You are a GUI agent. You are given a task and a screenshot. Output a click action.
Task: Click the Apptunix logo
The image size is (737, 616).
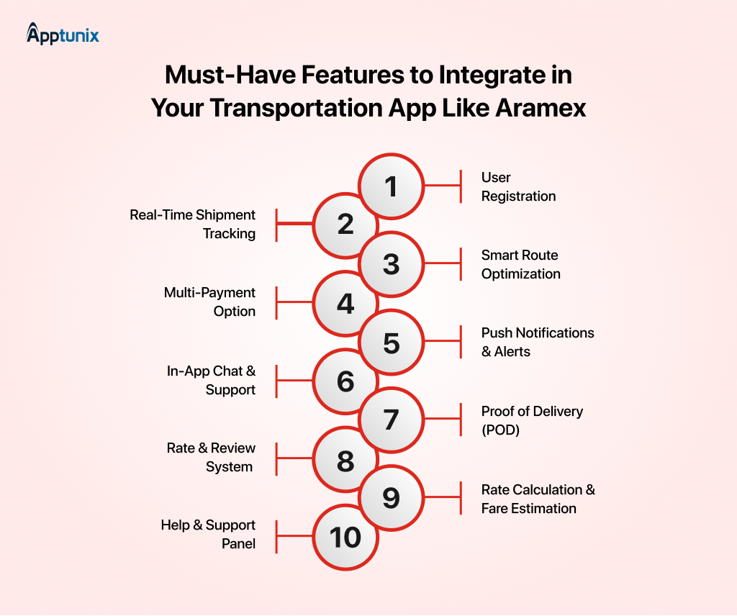pos(63,34)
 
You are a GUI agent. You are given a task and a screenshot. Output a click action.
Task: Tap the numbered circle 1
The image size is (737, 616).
pos(391,186)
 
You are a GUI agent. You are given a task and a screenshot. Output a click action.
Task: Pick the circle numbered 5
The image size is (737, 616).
pos(391,342)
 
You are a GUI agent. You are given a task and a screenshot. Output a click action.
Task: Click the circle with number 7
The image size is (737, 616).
pos(391,420)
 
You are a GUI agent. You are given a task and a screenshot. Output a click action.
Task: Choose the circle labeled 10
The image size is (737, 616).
pos(345,537)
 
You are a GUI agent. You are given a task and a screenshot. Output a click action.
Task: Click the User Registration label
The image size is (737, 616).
pos(518,186)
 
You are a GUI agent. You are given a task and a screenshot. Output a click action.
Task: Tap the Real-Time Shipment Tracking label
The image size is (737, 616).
pos(193,224)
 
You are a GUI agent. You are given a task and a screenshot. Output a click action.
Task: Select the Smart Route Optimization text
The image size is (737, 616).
pos(521,265)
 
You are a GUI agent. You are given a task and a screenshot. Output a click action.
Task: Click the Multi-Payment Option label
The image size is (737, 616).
pos(209,302)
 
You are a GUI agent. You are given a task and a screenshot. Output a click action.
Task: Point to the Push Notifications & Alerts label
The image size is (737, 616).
pos(538,342)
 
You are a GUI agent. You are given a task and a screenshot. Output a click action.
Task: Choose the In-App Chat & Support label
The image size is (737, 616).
pos(211,380)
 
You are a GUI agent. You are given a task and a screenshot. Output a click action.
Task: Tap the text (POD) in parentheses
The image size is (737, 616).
pos(501,430)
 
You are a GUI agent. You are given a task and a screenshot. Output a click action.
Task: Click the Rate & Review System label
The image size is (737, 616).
pos(211,457)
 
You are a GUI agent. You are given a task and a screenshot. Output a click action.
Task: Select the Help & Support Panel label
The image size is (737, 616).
pos(208,534)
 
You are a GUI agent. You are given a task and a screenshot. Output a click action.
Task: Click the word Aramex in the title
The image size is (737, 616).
pos(541,108)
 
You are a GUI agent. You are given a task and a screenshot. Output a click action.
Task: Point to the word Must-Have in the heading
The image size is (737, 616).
pos(230,75)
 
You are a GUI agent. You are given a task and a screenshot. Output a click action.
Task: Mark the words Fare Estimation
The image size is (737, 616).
pos(529,508)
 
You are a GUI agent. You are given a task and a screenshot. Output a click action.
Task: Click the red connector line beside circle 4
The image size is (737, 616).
pos(294,303)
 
